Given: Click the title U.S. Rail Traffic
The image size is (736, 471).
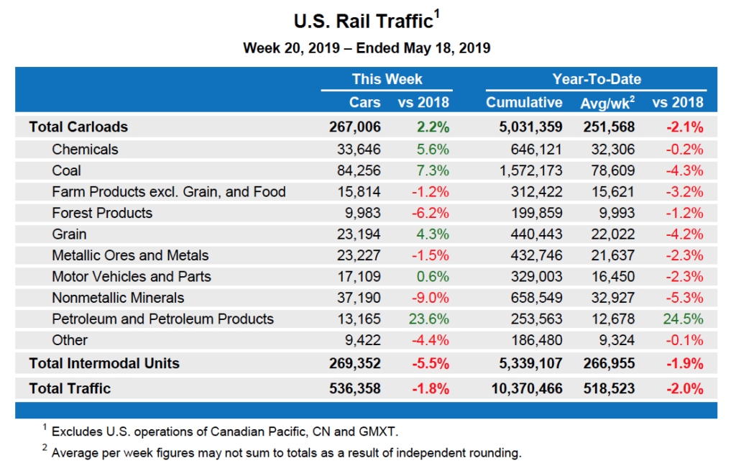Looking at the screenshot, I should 363,21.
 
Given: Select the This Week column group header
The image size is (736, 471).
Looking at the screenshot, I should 387,79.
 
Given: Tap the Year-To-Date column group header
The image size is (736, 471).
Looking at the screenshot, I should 596,79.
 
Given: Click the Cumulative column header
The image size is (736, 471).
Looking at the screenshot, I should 524,102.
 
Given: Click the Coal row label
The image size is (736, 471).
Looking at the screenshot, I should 66,170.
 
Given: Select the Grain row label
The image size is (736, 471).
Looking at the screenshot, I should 69,234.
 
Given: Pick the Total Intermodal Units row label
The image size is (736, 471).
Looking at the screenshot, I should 103,363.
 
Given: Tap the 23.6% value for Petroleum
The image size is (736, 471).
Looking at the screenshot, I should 428,319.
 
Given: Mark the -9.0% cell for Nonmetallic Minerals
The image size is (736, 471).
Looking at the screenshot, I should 429,298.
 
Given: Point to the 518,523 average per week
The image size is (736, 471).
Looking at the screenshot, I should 607,388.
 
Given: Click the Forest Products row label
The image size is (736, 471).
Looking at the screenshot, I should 102,213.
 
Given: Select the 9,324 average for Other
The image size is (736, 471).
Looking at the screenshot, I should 615,339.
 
